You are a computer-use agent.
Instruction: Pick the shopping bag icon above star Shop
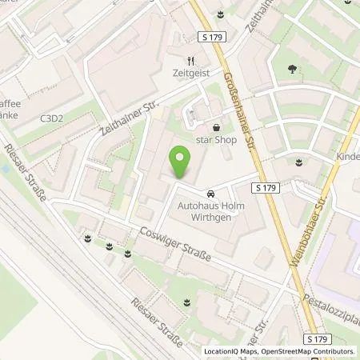pyautogui.click(x=216, y=126)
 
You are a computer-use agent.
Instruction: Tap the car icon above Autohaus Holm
pyautogui.click(x=210, y=194)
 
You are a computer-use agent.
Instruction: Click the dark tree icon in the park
pyautogui.click(x=286, y=69)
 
